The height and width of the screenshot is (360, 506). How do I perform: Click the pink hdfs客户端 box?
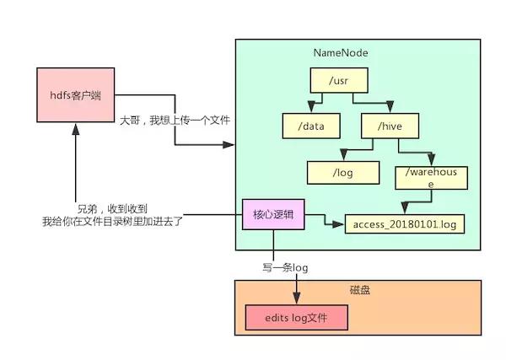75,95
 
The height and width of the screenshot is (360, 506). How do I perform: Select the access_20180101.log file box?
405,225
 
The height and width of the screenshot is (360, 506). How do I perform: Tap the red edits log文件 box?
296,318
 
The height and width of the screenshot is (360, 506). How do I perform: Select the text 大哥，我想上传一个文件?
175,121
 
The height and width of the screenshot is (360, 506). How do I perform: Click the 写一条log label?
286,267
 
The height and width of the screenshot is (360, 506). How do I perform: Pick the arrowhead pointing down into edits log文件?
296,298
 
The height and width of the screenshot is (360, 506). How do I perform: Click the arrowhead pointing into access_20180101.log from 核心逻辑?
340,225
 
